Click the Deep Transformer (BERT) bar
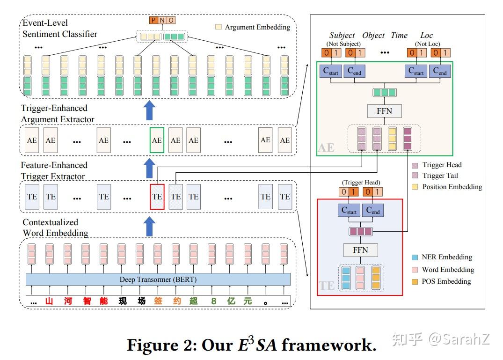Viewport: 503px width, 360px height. [x=158, y=279]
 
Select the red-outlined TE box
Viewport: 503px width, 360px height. [x=157, y=197]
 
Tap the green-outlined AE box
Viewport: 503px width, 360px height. [x=157, y=140]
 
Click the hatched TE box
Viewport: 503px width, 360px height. [x=175, y=197]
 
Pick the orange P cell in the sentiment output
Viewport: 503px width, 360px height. [x=153, y=20]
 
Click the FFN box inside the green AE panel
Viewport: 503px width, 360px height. [x=384, y=111]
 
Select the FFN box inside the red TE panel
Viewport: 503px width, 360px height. [x=360, y=250]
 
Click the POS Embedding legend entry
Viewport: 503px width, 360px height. [x=446, y=281]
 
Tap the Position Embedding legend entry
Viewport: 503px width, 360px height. [x=452, y=187]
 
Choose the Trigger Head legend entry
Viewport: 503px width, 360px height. [x=442, y=165]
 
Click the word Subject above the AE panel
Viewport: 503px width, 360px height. [x=342, y=36]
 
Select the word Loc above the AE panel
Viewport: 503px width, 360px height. [x=426, y=36]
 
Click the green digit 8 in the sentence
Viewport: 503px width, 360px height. [x=213, y=301]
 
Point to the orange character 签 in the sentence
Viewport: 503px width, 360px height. [x=159, y=301]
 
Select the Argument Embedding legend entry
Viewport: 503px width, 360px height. [x=257, y=27]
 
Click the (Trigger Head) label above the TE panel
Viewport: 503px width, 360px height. [x=361, y=183]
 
